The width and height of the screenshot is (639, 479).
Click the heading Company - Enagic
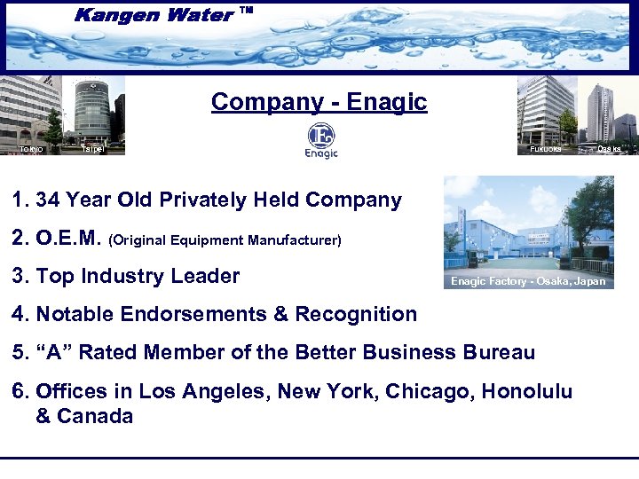(x=319, y=102)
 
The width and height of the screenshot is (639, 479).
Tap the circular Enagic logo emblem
(x=320, y=136)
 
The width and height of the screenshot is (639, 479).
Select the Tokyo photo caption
(x=31, y=149)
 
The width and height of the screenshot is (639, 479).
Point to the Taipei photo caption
(x=91, y=149)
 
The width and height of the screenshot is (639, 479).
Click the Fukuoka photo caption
(x=544, y=149)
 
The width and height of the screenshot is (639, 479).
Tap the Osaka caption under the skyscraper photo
(x=609, y=149)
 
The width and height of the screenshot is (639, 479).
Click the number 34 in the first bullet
(x=49, y=200)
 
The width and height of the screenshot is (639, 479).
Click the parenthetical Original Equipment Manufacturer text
(x=225, y=239)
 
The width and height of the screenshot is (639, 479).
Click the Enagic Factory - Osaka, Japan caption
(x=527, y=281)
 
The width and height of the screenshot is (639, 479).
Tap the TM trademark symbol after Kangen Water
(x=247, y=10)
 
